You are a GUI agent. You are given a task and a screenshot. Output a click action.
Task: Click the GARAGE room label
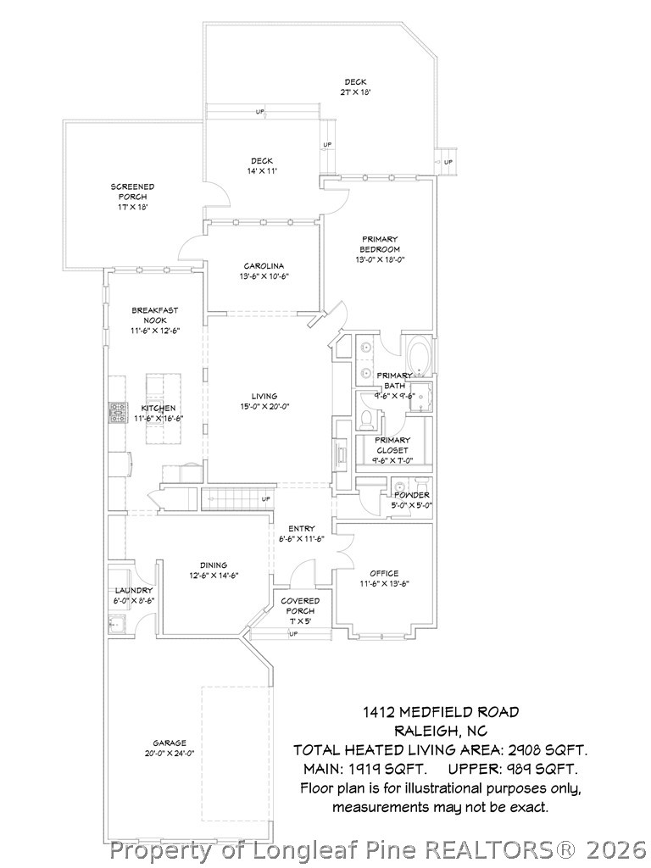click(170, 743)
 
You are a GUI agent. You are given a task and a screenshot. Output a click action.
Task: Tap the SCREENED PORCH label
click(132, 197)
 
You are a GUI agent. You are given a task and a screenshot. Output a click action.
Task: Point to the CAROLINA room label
click(263, 266)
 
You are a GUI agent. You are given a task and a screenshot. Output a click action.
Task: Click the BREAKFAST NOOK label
click(155, 315)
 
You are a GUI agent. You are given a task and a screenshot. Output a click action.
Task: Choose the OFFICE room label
click(384, 573)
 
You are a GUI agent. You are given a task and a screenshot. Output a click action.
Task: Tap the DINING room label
click(214, 565)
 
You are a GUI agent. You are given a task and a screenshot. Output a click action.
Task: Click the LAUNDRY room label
click(134, 590)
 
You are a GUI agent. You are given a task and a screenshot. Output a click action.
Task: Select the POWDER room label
click(411, 495)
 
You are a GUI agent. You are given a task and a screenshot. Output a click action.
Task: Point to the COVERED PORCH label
click(300, 605)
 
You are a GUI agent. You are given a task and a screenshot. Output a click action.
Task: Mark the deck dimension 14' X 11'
click(261, 171)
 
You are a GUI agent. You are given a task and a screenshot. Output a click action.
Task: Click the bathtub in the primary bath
click(419, 354)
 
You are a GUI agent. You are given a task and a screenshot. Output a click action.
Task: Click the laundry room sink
click(116, 626)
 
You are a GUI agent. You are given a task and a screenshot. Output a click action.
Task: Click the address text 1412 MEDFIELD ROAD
click(440, 712)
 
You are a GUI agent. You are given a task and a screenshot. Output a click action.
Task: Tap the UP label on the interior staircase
click(266, 498)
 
